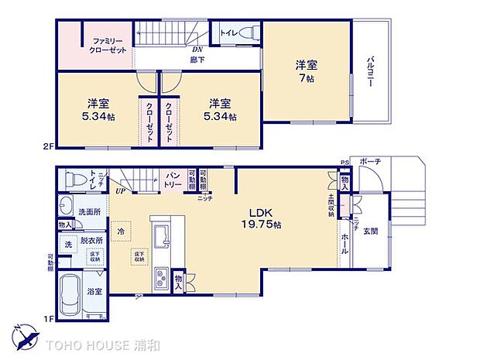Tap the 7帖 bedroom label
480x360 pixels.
(x=307, y=70)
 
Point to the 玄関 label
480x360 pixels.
(x=371, y=230)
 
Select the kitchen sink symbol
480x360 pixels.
(x=163, y=233)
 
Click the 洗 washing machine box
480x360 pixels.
(x=68, y=245)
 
